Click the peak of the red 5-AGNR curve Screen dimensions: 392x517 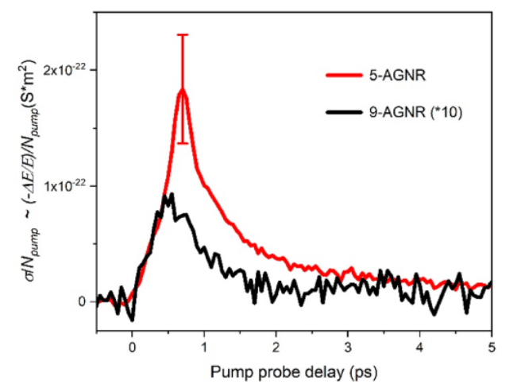pos(183,89)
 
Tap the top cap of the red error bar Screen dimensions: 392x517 pos(183,35)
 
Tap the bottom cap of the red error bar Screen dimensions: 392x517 pos(183,143)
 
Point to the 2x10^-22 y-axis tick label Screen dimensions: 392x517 pos(65,70)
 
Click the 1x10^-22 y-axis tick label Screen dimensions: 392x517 pos(65,185)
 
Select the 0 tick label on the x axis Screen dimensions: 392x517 pos(132,347)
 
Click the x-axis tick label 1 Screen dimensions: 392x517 pos(204,347)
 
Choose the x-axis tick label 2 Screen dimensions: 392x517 pos(276,347)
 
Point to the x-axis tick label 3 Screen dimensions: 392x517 pos(348,347)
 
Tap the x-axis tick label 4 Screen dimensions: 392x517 pos(419,347)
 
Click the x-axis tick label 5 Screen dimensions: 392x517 pos(491,347)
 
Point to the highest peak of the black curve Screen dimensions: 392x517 pos(171,194)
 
